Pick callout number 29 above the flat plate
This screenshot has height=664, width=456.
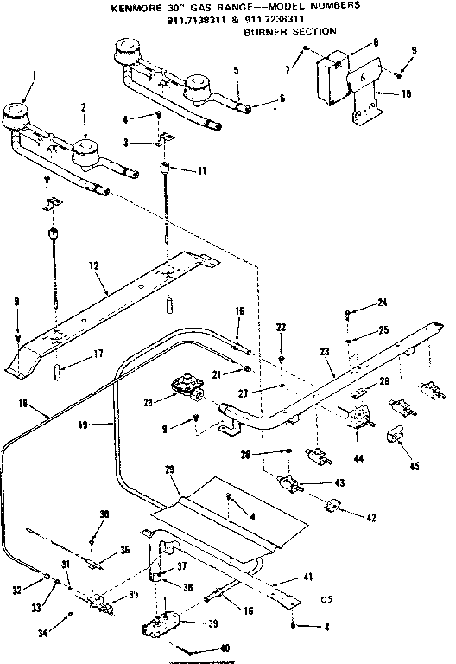point(170,469)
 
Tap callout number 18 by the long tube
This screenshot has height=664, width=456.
point(22,403)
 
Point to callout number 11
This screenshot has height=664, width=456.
point(201,171)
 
